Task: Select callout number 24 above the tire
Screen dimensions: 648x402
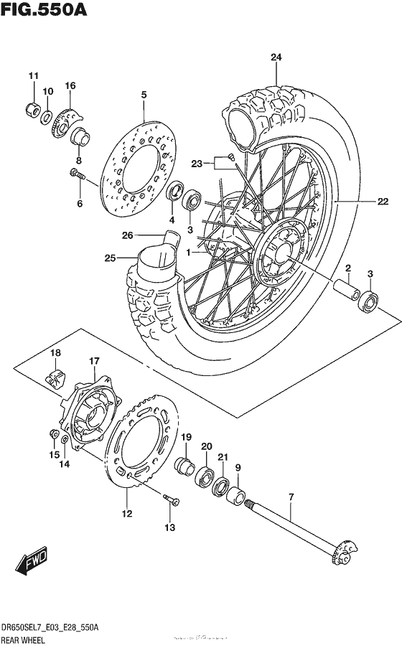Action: click(276, 57)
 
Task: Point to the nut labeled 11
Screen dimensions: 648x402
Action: click(32, 110)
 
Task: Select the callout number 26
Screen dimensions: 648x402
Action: click(127, 234)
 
